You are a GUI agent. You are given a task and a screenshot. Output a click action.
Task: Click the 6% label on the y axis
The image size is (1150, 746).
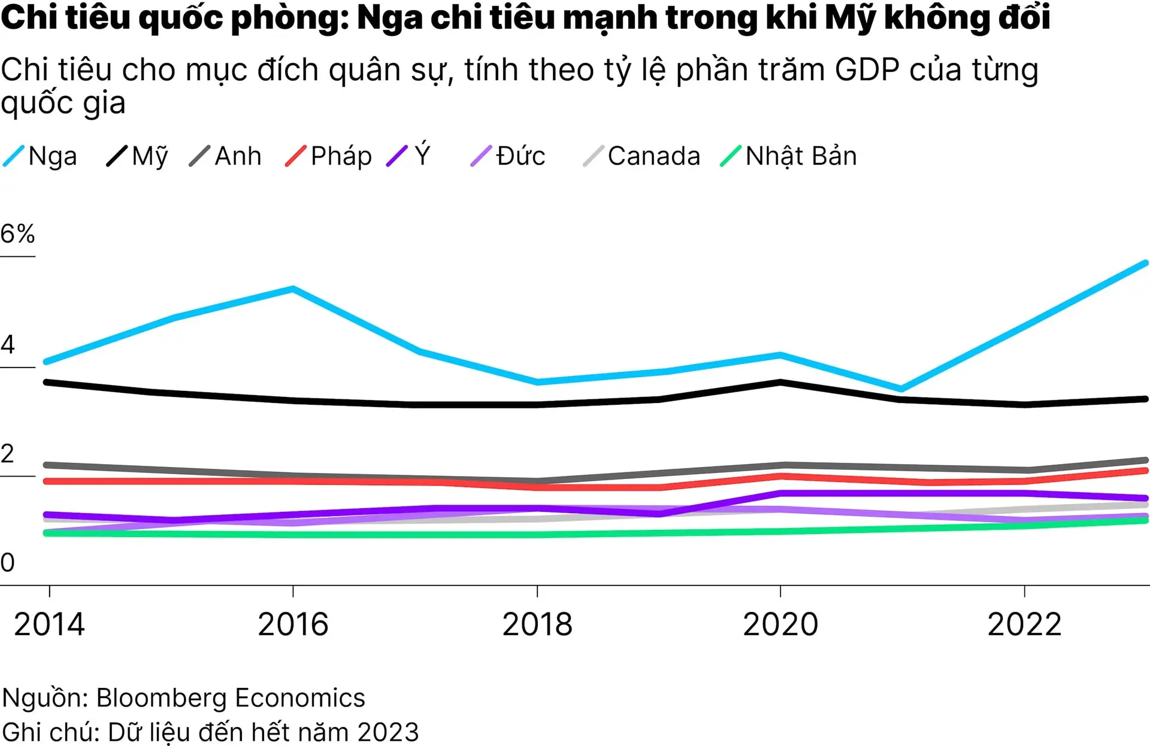18,234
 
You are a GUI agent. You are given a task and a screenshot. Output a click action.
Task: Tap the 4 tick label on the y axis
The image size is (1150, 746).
8,344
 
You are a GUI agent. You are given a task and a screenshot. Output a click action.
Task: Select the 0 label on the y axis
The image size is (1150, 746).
8,563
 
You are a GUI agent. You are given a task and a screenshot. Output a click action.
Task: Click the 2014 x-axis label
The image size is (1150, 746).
49,624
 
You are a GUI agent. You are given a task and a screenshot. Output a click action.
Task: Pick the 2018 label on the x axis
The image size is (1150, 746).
537,624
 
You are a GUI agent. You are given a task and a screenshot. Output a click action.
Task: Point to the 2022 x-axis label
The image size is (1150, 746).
1024,624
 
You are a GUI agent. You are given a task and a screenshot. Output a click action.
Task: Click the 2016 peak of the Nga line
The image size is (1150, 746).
293,289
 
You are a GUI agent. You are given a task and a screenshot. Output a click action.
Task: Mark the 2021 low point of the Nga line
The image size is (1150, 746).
901,389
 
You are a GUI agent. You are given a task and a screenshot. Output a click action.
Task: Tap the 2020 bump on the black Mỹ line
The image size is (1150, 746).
780,382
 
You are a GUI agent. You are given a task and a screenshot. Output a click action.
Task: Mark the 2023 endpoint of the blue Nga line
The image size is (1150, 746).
1145,263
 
